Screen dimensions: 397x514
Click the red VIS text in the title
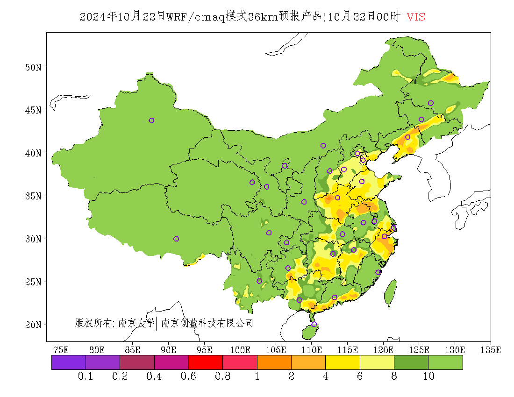pos(416,17)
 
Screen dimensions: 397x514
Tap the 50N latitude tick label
pos(33,67)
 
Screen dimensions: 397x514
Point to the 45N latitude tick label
pos(33,110)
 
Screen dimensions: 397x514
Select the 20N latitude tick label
pos(33,325)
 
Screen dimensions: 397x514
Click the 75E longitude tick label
pos(61,350)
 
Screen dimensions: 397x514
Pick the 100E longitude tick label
pos(240,350)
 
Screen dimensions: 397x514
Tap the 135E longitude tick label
pos(491,350)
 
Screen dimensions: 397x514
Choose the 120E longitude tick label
pos(383,350)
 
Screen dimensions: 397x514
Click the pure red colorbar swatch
pos(205,362)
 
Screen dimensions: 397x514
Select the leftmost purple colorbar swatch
pos(69,362)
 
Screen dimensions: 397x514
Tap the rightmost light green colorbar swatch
pos(445,362)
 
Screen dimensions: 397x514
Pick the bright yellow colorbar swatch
pos(343,362)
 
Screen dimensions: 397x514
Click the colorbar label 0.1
pos(86,376)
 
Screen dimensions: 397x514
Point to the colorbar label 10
pos(428,376)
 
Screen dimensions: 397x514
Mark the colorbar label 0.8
pos(222,376)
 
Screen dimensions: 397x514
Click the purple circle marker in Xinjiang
pos(151,121)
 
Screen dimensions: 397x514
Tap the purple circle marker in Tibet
pos(176,239)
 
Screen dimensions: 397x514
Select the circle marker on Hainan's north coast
pos(314,324)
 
